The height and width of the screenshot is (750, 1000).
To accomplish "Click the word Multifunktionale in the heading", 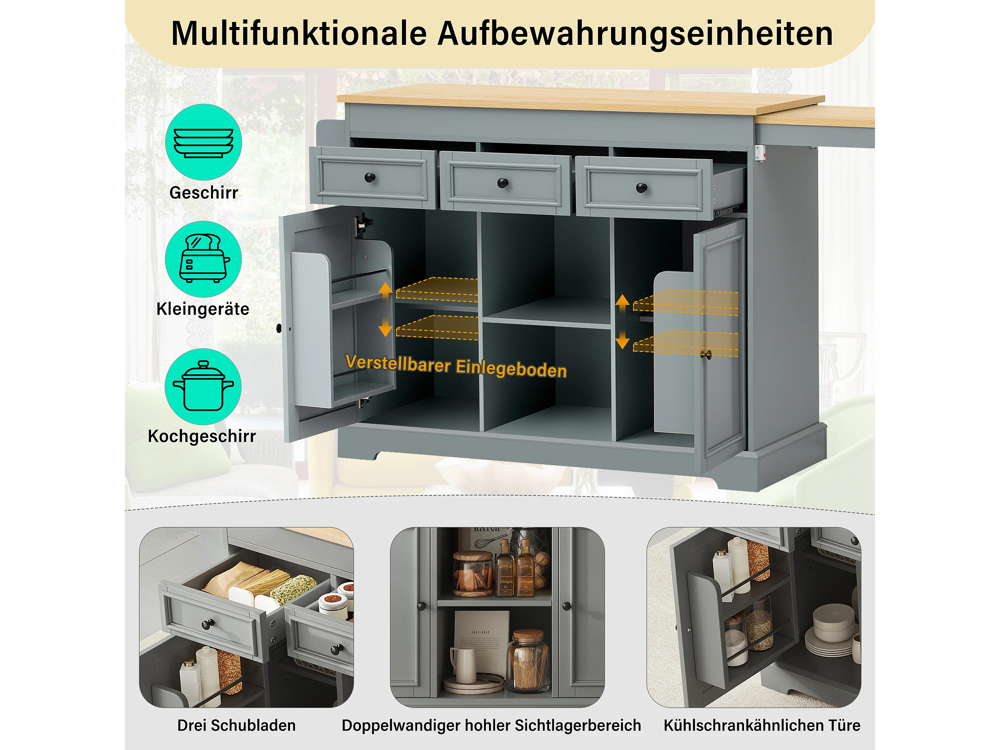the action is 299,33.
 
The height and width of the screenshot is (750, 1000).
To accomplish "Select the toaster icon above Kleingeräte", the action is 204,258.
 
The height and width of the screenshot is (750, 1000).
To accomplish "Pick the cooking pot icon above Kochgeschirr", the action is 203,386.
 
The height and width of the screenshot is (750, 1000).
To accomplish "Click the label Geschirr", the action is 203,193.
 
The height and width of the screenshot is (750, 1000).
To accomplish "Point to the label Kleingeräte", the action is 203,309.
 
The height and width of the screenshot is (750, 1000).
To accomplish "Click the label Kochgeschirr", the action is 202,436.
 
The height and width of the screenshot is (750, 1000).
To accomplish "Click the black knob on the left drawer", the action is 370,177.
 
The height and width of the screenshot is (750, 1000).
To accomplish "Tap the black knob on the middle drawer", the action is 503,183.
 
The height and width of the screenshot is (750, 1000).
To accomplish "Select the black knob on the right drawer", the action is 642,188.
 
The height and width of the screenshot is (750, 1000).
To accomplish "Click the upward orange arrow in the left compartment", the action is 385,290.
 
